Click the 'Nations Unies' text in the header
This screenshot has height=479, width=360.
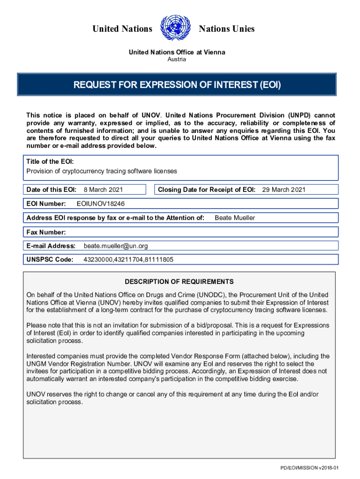click(x=227, y=29)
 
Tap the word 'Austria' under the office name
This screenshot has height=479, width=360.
click(x=177, y=59)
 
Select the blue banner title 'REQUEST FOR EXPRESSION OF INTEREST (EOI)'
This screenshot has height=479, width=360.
click(x=177, y=85)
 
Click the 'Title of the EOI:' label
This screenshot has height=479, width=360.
click(x=50, y=161)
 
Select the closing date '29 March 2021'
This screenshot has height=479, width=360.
click(x=283, y=189)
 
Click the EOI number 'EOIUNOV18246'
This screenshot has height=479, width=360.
click(x=101, y=204)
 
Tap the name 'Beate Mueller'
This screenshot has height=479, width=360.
click(x=235, y=218)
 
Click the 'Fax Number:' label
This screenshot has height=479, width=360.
click(x=46, y=232)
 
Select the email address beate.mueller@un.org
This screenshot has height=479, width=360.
click(x=116, y=246)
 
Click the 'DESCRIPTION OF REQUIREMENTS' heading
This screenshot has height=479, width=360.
click(x=179, y=282)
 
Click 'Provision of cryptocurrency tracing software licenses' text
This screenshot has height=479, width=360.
click(x=101, y=171)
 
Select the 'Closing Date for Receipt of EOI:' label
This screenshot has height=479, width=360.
click(x=207, y=189)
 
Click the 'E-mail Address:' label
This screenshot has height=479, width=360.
click(x=51, y=246)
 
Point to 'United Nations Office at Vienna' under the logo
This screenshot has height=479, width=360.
click(x=177, y=52)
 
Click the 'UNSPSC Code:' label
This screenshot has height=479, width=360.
click(x=50, y=260)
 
